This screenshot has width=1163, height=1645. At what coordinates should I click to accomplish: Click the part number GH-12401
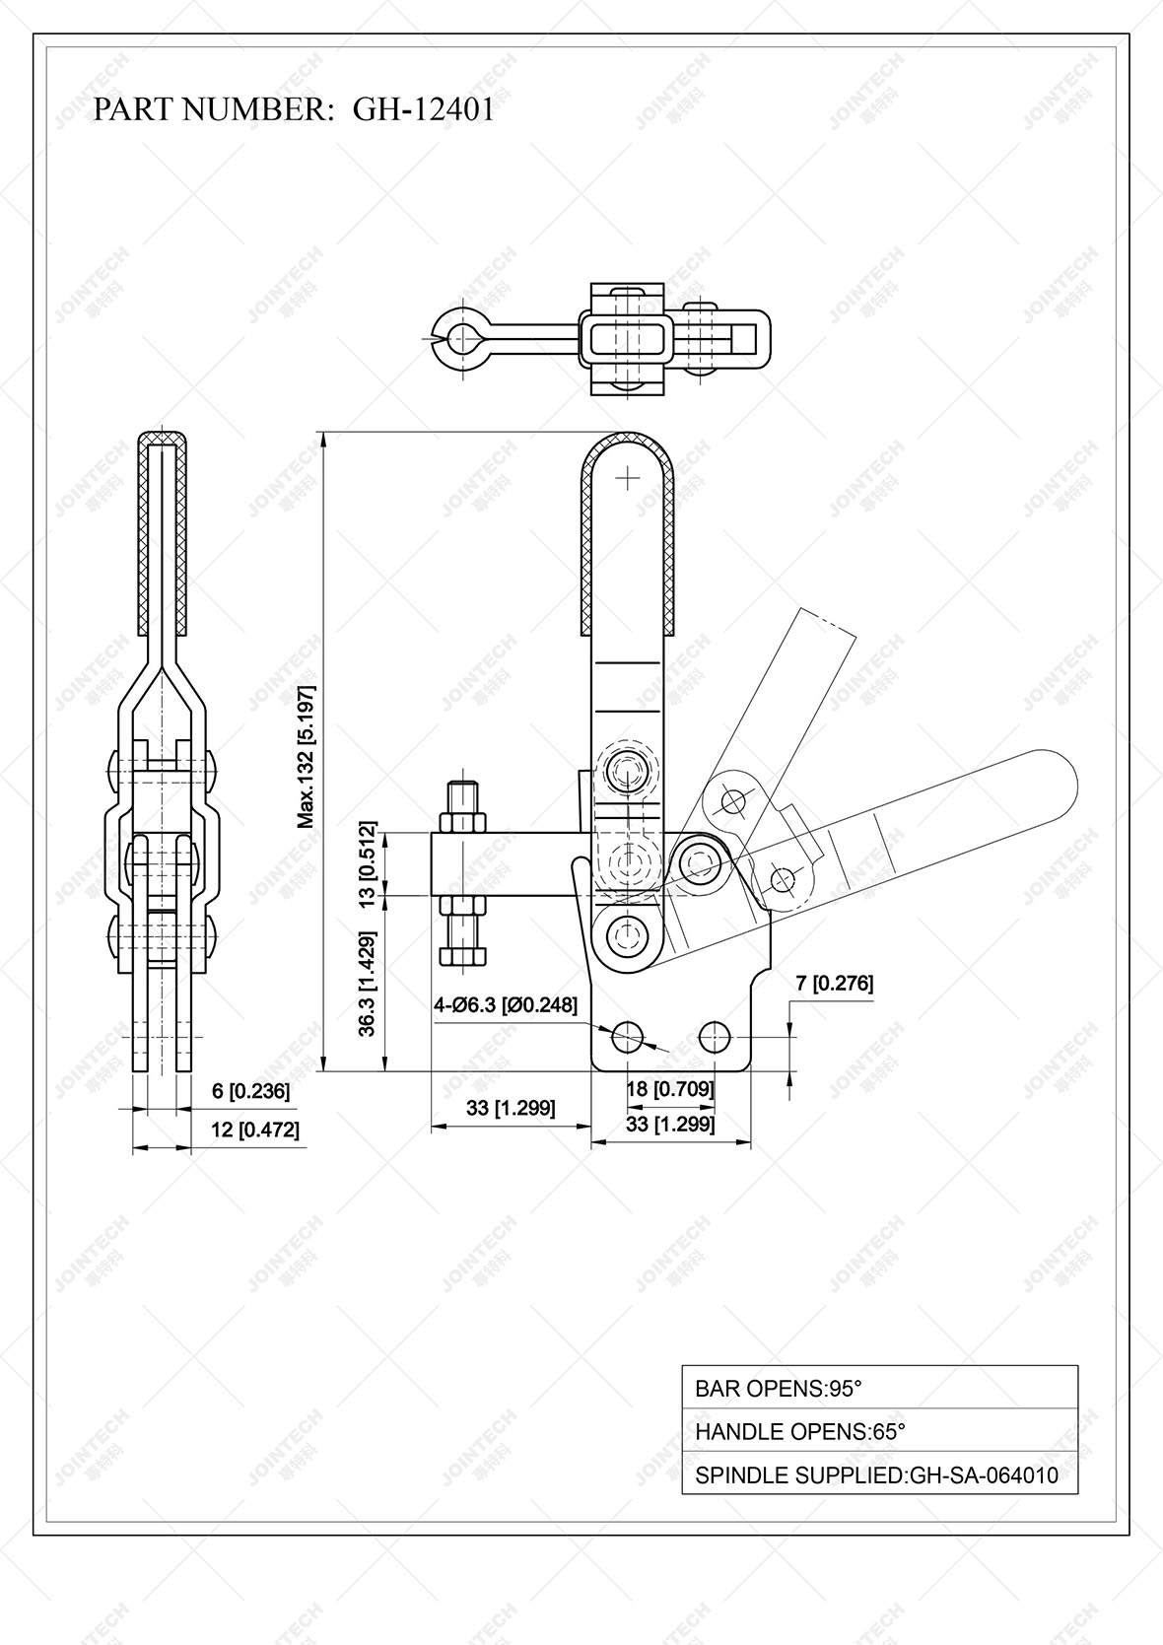[x=423, y=109]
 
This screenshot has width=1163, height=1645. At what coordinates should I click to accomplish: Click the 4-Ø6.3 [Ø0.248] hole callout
[x=506, y=1004]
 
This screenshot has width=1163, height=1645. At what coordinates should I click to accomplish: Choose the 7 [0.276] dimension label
[x=834, y=983]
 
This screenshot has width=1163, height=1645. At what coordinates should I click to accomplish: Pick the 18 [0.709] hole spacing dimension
[x=670, y=1089]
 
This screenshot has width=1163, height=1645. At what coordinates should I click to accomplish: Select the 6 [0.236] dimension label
[x=250, y=1090]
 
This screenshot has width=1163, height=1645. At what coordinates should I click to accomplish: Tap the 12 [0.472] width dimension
[x=254, y=1130]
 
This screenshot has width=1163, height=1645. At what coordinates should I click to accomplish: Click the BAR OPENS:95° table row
[x=879, y=1388]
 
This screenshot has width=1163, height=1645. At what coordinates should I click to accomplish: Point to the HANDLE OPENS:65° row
[x=879, y=1431]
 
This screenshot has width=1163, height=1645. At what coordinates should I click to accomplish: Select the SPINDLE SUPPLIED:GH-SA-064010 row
[x=879, y=1475]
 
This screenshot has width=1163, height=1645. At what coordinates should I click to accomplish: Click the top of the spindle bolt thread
[x=463, y=786]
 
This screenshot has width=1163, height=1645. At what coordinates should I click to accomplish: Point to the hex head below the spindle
[x=463, y=955]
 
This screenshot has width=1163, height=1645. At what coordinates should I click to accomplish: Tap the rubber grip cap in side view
[x=162, y=437]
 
